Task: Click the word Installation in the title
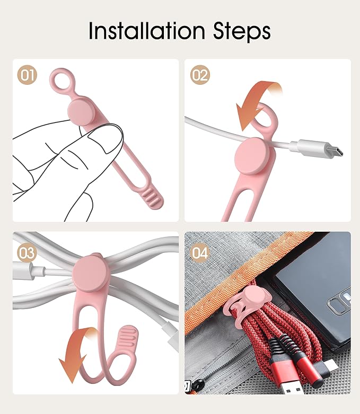147,31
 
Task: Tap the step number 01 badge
27,75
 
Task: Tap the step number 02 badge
200,75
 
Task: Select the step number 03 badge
27,253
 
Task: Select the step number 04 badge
200,253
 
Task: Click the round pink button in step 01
81,112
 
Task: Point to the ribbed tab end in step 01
153,198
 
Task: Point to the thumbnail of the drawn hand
106,138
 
